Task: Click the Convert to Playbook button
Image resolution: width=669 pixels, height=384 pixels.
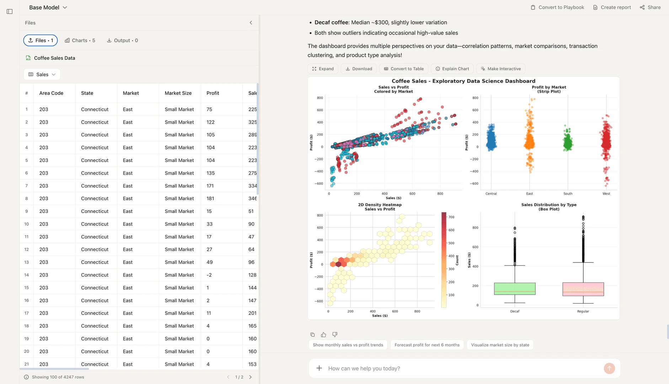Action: click(557, 7)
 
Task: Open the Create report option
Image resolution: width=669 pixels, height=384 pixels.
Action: click(612, 7)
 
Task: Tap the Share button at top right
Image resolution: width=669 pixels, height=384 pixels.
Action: click(650, 7)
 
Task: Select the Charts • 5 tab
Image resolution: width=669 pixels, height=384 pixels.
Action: click(80, 41)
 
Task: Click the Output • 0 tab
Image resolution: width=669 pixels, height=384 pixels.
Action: click(122, 41)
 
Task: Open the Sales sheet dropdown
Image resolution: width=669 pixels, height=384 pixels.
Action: click(42, 75)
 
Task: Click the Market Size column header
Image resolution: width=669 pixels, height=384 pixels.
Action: click(178, 93)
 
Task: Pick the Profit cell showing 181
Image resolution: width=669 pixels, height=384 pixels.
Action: click(210, 199)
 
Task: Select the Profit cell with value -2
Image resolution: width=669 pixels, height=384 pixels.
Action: click(209, 275)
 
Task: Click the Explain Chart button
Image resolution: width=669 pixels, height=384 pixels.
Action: click(452, 69)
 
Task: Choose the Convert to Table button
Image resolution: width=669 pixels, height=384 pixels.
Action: click(403, 69)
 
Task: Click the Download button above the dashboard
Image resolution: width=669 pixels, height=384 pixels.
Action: click(359, 69)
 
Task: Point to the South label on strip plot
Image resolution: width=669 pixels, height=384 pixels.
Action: click(568, 194)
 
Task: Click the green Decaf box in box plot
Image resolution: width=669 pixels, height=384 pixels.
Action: click(514, 288)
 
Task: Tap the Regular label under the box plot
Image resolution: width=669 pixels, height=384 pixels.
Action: click(583, 311)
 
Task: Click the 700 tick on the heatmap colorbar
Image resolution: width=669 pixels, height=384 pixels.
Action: click(451, 217)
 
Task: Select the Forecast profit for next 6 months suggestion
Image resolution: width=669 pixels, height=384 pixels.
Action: click(427, 345)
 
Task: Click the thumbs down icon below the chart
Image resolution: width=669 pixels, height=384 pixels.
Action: click(334, 335)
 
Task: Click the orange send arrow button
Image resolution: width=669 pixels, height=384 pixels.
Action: click(609, 368)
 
